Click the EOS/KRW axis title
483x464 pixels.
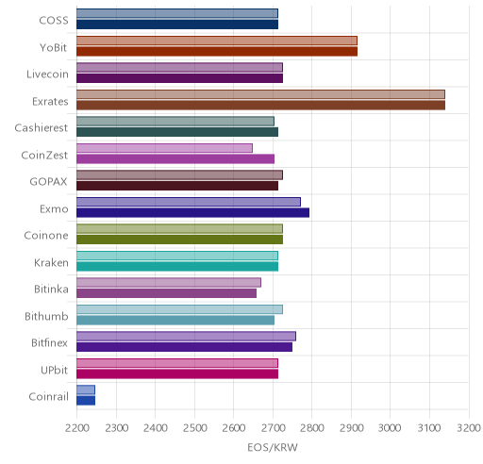pyautogui.click(x=273, y=447)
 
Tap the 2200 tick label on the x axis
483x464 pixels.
pyautogui.click(x=77, y=428)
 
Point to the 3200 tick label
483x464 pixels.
pyautogui.click(x=469, y=428)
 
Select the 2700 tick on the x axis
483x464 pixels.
pyautogui.click(x=273, y=428)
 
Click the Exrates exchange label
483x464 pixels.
pyautogui.click(x=50, y=101)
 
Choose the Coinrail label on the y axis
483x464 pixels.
pyautogui.click(x=48, y=397)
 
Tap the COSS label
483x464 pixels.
pyautogui.click(x=54, y=21)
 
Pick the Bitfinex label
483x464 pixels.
pyautogui.click(x=49, y=342)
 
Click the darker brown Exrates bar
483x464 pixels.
pyautogui.click(x=260, y=105)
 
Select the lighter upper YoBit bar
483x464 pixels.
pyautogui.click(x=217, y=41)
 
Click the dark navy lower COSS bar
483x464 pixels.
pyautogui.click(x=177, y=25)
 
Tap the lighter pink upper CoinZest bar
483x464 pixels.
pyautogui.click(x=164, y=148)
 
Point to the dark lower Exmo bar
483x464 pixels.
pyautogui.click(x=192, y=212)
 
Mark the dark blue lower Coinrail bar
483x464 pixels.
pyautogui.click(x=86, y=401)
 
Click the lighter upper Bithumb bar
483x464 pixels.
pyautogui.click(x=179, y=309)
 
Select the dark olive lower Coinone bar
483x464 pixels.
pyautogui.click(x=179, y=240)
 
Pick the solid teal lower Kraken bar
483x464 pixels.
pyautogui.click(x=177, y=266)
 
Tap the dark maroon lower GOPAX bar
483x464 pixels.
pyautogui.click(x=177, y=186)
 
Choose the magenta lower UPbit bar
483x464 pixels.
pyautogui.click(x=177, y=373)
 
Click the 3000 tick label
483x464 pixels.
pyautogui.click(x=390, y=428)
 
